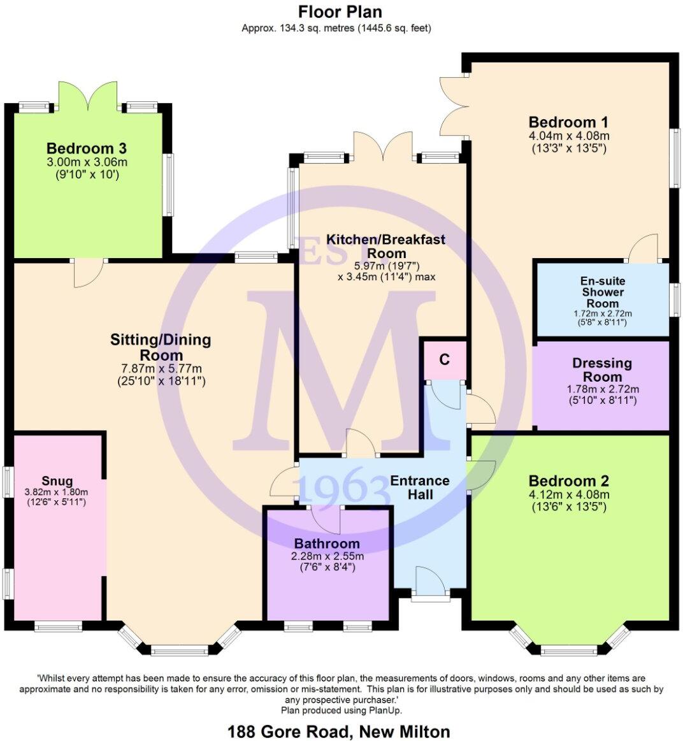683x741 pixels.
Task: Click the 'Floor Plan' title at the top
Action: (340, 11)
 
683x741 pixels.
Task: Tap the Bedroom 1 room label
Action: (568, 122)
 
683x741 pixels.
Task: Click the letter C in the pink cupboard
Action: (444, 359)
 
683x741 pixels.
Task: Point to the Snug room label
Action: (57, 481)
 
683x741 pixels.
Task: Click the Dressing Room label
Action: (601, 370)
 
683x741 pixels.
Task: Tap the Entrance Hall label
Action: (420, 487)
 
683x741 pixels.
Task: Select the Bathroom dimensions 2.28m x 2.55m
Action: (327, 556)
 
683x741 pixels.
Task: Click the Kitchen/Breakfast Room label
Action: (386, 246)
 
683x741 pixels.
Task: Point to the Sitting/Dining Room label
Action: (161, 347)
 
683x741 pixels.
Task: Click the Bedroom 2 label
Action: (568, 481)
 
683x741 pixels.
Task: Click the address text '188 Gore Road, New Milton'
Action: (338, 731)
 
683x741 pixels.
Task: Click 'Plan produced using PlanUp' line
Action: (341, 710)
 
